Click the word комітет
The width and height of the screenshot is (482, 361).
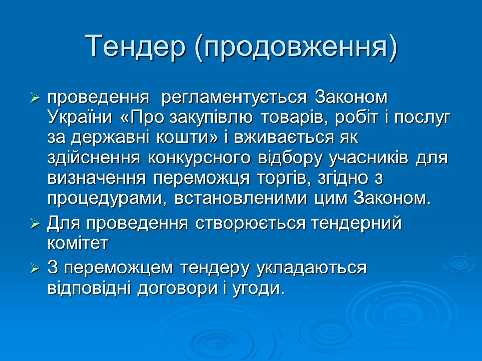tap(77, 243)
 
